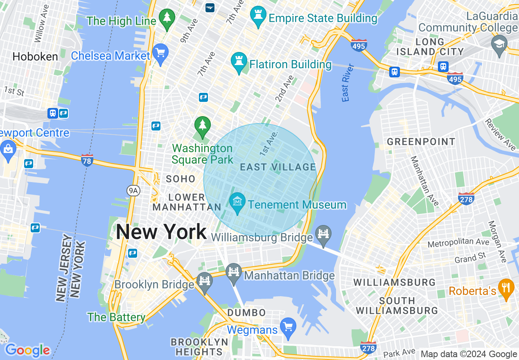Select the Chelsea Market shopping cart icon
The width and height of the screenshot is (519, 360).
click(x=161, y=54)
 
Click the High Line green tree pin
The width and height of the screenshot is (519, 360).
click(x=167, y=19)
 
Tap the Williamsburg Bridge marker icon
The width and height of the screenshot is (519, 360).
click(x=323, y=235)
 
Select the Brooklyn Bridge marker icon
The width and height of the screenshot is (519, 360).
click(x=204, y=282)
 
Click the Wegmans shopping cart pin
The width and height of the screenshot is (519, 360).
click(x=289, y=328)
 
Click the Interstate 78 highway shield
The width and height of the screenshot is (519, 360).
click(x=87, y=160)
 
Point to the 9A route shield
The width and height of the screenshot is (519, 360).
click(x=133, y=190)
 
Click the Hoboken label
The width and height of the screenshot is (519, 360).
click(x=35, y=56)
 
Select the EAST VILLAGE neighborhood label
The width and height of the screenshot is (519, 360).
click(x=278, y=167)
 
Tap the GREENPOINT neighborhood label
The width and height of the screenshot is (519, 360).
click(x=421, y=142)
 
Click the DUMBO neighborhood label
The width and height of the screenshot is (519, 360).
click(x=246, y=313)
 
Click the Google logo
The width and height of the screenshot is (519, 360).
click(x=27, y=350)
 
